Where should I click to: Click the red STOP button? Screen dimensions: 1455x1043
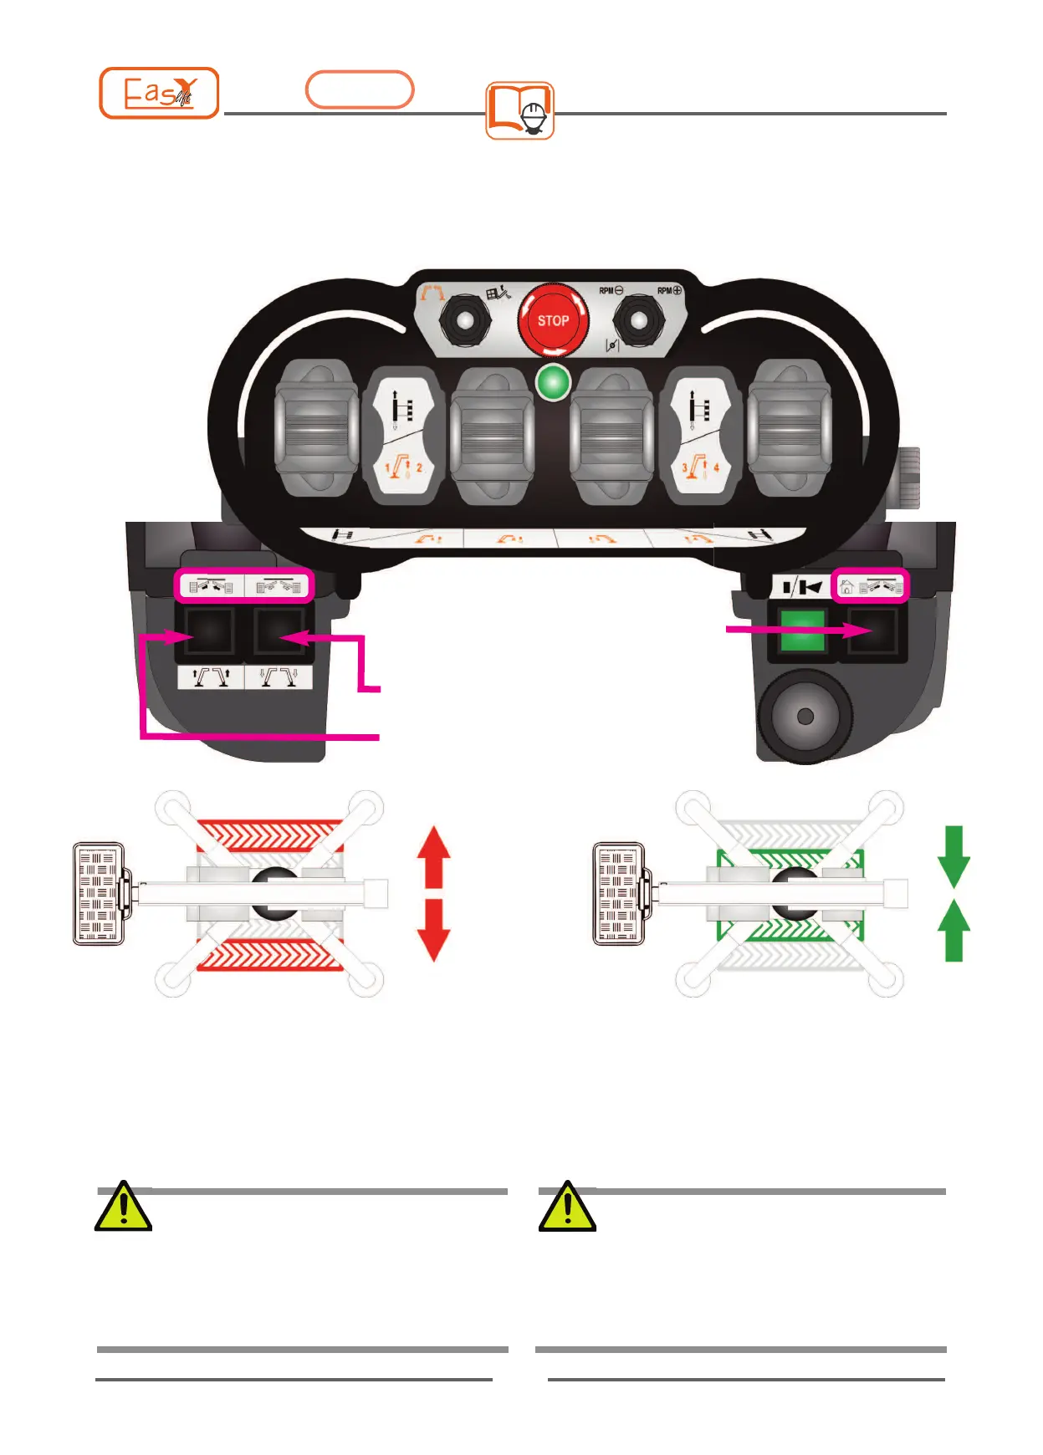(553, 320)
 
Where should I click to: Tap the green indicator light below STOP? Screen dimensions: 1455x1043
(553, 384)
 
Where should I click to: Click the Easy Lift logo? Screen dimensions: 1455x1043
(159, 93)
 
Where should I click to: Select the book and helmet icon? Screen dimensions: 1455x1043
(519, 110)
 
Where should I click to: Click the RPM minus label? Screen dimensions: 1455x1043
(611, 291)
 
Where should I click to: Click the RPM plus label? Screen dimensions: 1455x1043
(669, 291)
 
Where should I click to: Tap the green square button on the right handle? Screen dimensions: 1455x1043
(802, 630)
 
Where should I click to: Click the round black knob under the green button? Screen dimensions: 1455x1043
(805, 717)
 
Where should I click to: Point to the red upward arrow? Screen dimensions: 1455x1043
(434, 856)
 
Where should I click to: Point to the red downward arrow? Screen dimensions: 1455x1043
(434, 930)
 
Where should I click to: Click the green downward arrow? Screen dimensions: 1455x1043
(954, 856)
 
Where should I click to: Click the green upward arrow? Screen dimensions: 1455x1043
(954, 930)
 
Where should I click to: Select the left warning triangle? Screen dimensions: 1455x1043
(124, 1207)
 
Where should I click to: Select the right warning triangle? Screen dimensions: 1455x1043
(567, 1207)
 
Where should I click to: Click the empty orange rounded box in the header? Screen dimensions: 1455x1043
(360, 90)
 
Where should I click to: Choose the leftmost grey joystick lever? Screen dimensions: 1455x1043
(316, 428)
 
